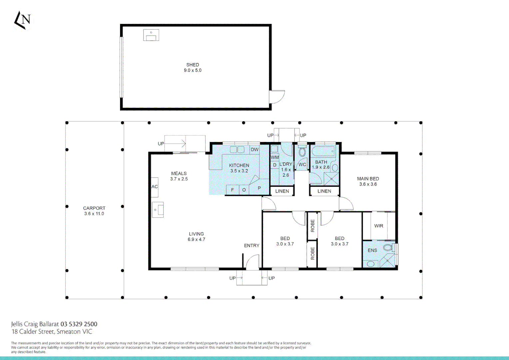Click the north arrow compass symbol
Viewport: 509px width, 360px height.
tap(22, 20)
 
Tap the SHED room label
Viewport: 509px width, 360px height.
tap(193, 65)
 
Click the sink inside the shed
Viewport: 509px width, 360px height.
tap(151, 35)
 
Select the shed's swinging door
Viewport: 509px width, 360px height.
tap(277, 97)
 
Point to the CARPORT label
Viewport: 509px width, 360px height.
tap(94, 208)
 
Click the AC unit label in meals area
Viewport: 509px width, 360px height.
tap(155, 187)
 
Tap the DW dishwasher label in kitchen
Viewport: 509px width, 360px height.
tap(254, 149)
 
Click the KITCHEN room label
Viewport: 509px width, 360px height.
tap(239, 165)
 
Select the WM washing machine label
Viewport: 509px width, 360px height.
tap(275, 157)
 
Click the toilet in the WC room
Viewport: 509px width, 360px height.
tap(302, 152)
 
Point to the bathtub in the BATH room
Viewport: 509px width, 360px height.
tap(323, 151)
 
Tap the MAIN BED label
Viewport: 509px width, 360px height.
tap(368, 179)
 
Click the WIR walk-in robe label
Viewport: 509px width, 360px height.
tap(378, 226)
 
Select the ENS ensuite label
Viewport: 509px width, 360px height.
tap(372, 250)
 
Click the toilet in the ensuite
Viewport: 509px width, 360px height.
tap(389, 247)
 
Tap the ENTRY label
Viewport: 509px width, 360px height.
tap(252, 246)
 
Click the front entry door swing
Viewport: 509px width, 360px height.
tap(252, 262)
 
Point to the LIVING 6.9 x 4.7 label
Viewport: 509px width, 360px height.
tap(196, 237)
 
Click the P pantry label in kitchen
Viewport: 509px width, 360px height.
tap(259, 188)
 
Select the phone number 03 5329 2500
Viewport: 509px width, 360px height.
tap(79, 324)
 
